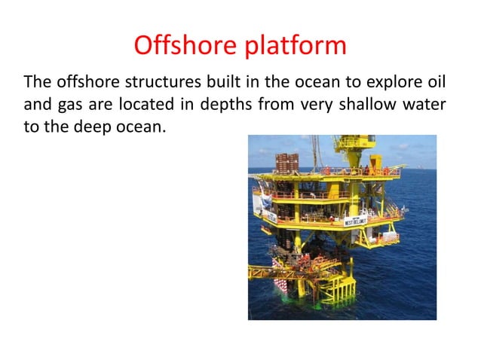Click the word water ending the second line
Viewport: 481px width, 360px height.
pyautogui.click(x=433, y=104)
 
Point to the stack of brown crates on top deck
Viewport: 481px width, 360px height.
pyautogui.click(x=287, y=163)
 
